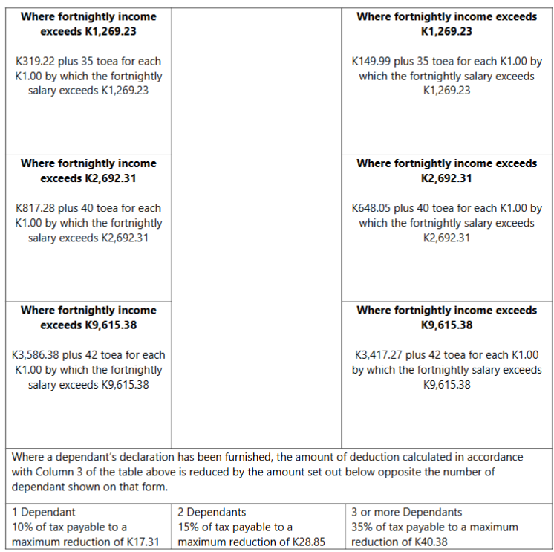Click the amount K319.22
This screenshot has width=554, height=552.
(33, 62)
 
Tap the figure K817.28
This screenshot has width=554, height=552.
(33, 209)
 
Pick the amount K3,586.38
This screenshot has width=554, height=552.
(38, 356)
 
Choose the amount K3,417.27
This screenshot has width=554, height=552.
(377, 356)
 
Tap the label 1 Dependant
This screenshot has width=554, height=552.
(44, 513)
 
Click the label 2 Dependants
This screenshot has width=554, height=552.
(212, 513)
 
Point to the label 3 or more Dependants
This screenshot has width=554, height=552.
(407, 513)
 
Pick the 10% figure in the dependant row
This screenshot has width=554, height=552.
(23, 527)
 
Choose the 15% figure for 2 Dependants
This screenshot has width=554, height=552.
(189, 527)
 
